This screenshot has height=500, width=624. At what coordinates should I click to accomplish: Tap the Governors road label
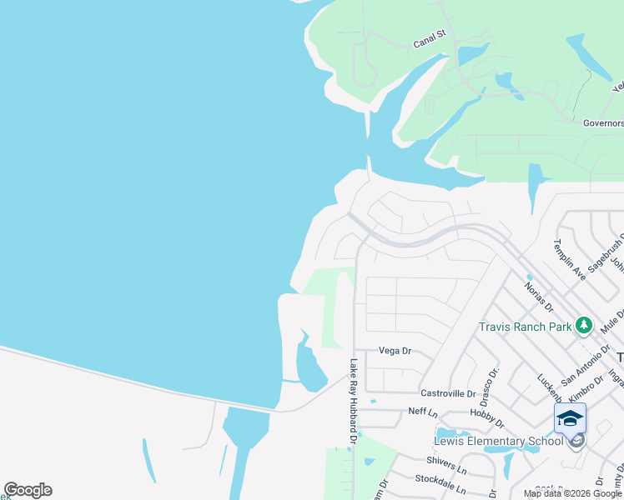tap(602, 122)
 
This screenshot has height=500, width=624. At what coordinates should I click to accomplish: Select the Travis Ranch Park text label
tap(526, 326)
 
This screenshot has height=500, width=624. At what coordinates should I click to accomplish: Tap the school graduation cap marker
tap(570, 418)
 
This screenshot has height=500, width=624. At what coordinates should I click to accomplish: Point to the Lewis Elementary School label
tap(498, 441)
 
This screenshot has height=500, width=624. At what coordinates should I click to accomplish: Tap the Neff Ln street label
tap(423, 412)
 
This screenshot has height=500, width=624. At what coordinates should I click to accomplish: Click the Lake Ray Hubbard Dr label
tap(353, 401)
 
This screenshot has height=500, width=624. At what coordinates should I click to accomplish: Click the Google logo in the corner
tap(28, 490)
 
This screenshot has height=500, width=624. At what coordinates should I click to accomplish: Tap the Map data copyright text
tap(573, 493)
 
